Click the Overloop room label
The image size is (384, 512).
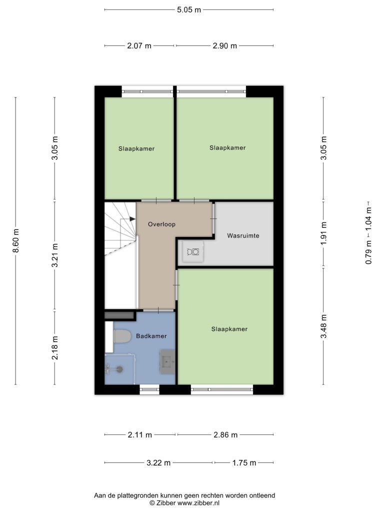tap(161, 224)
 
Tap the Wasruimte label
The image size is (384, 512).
tap(243, 235)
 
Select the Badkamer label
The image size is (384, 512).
tap(151, 335)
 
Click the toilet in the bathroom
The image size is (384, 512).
tap(122, 336)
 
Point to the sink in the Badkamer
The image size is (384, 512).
tap(167, 362)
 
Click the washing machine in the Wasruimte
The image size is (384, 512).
tap(193, 251)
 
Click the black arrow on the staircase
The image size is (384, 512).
tap(132, 219)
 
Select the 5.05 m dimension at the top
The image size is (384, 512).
tap(188, 10)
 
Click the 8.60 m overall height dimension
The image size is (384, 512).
tap(15, 240)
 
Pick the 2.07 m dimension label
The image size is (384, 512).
tap(139, 45)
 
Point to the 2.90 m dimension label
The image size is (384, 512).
tap(224, 45)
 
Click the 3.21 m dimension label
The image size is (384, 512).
tap(55, 255)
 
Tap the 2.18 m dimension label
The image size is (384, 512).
tap(55, 348)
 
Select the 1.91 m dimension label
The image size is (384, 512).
tap(323, 233)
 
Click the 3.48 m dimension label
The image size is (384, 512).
tap(323, 326)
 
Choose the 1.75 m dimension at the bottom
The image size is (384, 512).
tap(244, 462)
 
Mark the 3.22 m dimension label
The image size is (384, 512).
tap(158, 462)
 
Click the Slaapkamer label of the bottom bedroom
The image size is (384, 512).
tap(229, 329)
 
